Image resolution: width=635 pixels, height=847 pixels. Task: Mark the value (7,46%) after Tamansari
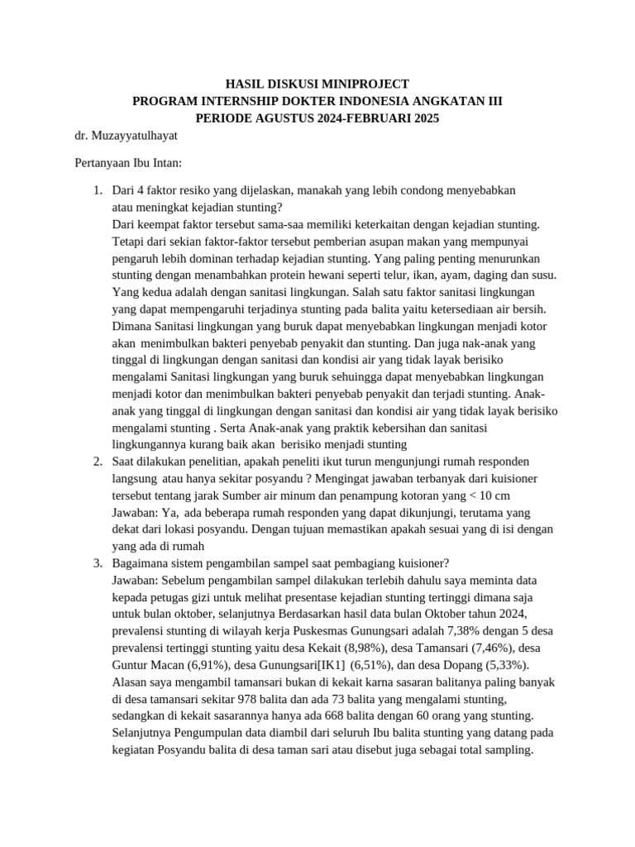click(x=495, y=648)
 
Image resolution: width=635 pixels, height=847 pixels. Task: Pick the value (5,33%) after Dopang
click(x=505, y=665)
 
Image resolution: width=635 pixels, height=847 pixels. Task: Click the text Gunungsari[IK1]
click(x=305, y=665)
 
